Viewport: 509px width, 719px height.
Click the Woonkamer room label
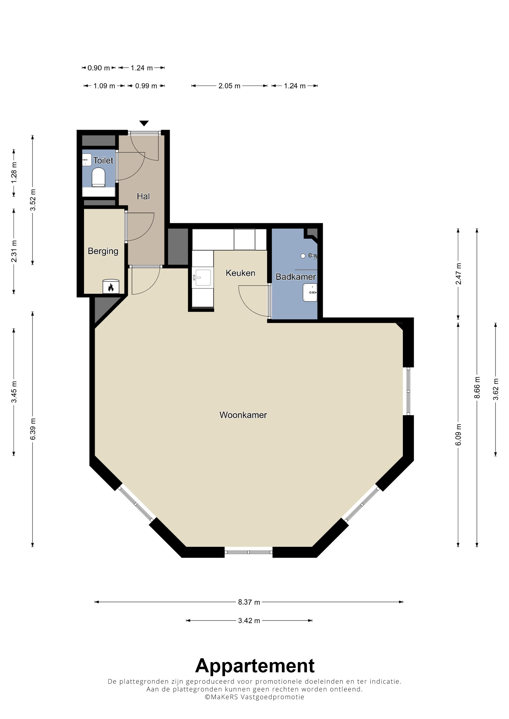click(243, 415)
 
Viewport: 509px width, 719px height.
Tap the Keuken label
click(240, 273)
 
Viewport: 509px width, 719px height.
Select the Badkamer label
click(296, 277)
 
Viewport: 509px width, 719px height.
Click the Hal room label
click(143, 196)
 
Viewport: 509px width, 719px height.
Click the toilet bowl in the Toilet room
click(98, 177)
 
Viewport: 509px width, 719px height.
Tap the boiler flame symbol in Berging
click(111, 287)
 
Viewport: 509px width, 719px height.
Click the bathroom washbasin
click(310, 293)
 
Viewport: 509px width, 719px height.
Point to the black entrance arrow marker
click(144, 123)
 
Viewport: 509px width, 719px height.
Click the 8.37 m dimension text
click(249, 602)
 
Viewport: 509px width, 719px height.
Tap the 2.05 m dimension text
click(229, 86)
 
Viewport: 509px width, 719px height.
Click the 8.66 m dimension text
click(477, 387)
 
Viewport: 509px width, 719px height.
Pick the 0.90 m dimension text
click(99, 68)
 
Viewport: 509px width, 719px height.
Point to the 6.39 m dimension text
click(33, 429)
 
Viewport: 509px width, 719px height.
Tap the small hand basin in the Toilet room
click(87, 160)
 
